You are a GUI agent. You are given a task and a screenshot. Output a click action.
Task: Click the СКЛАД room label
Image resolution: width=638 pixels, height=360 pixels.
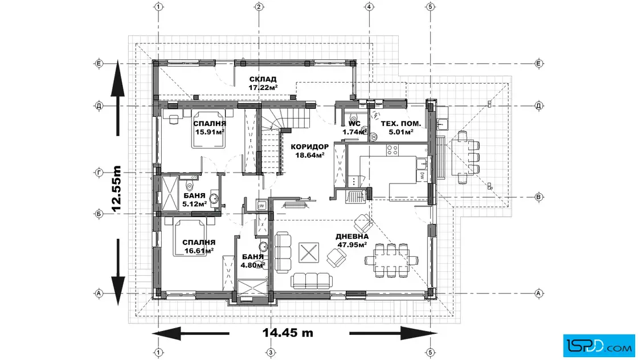tap(263, 79)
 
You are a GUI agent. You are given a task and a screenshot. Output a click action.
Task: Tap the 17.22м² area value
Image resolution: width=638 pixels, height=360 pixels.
tap(263, 87)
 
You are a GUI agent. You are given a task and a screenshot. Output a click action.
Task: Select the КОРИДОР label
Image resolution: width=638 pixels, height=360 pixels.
tap(310, 147)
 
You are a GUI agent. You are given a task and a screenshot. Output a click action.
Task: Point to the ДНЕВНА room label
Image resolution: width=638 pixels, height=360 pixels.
tap(352, 236)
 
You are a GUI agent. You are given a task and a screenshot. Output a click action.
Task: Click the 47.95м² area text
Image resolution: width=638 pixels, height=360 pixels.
tap(353, 244)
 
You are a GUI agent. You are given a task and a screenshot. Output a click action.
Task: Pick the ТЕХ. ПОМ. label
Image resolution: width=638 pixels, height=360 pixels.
tap(401, 124)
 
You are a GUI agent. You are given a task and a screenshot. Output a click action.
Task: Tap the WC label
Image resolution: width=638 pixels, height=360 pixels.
tap(354, 124)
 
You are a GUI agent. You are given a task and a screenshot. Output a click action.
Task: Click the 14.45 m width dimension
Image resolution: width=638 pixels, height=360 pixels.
tap(288, 333)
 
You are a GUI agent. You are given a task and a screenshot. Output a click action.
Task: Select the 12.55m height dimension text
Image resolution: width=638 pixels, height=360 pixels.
tap(116, 189)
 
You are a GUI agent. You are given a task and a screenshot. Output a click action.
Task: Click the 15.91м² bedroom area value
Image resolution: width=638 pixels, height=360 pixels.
tap(210, 132)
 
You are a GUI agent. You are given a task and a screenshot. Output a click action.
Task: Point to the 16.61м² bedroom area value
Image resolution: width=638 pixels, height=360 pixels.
tap(199, 251)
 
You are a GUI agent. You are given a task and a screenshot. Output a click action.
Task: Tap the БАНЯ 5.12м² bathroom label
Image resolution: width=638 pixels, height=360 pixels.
tap(194, 200)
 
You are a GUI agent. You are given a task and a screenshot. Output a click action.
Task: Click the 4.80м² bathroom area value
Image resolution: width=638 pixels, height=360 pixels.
tap(253, 265)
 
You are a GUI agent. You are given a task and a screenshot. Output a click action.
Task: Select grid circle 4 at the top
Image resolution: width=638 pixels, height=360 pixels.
tap(369, 6)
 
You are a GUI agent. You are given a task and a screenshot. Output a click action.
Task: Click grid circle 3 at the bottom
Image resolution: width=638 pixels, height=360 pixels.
tap(270, 352)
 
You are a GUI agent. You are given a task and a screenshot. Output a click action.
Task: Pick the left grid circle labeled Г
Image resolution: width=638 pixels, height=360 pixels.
tap(99, 173)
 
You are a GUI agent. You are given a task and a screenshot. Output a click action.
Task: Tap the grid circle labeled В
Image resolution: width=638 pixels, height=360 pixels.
tap(539, 197)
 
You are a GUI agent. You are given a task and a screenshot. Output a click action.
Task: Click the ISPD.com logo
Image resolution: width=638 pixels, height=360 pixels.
tap(599, 346)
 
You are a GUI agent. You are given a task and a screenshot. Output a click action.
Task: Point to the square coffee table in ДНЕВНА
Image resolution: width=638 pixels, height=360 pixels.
tap(309, 252)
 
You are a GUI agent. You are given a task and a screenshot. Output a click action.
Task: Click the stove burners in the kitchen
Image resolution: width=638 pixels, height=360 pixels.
tap(392, 150)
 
